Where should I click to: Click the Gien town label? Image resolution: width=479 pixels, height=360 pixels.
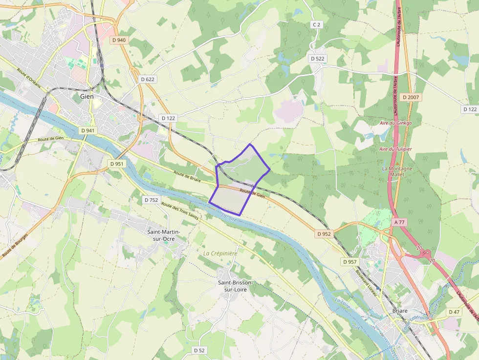[87, 97]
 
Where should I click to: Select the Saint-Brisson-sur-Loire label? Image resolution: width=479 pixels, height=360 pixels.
[235, 286]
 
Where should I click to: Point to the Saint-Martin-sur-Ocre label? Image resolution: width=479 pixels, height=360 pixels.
[164, 235]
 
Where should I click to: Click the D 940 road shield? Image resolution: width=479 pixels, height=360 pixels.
[118, 40]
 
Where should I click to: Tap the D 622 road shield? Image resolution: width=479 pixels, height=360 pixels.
[147, 79]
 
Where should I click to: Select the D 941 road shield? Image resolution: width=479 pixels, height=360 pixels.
[88, 130]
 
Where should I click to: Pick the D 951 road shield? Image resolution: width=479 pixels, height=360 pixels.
[117, 164]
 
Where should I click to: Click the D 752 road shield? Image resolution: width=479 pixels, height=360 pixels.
[151, 200]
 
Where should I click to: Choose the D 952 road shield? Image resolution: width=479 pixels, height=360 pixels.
[324, 234]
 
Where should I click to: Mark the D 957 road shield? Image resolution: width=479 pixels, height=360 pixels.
[349, 262]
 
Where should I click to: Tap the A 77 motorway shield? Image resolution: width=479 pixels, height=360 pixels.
[399, 222]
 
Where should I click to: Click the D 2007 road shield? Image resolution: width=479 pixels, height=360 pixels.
[411, 97]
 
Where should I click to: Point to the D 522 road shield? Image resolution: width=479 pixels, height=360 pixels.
[317, 59]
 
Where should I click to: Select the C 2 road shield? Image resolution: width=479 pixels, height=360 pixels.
[316, 24]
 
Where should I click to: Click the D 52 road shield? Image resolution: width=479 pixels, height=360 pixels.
[199, 350]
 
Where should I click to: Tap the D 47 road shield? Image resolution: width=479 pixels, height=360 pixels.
[454, 312]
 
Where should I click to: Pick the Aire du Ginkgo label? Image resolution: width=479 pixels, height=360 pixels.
[395, 123]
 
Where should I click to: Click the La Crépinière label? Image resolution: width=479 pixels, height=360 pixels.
[220, 254]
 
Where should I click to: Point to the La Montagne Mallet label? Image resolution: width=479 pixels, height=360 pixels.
[397, 171]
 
